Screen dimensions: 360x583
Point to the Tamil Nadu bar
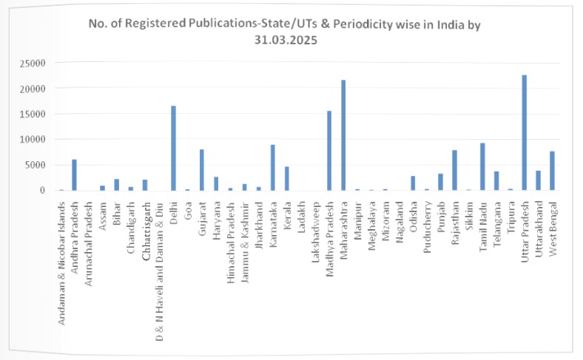pos(482,166)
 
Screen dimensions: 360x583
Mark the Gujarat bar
pos(201,170)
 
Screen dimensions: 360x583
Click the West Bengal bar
pos(553,171)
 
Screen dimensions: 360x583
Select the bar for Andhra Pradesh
pos(74,175)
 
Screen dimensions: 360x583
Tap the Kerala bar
pos(286,178)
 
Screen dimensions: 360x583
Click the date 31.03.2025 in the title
pos(274,41)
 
